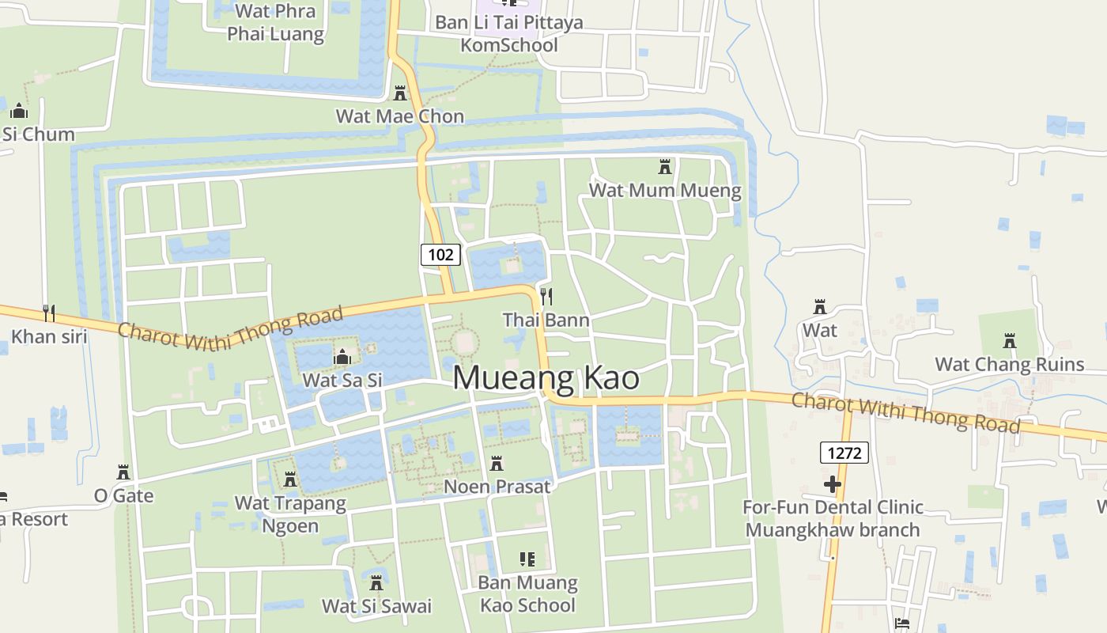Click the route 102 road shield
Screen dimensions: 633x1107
pos(440,254)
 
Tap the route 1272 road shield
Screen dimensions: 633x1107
pos(844,453)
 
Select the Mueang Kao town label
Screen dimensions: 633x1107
pos(546,377)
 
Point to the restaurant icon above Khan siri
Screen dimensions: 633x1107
pos(49,313)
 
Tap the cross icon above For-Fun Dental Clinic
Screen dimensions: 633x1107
pos(832,483)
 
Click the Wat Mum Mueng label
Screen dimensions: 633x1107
pos(665,190)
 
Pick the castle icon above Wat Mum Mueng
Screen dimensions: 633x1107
pos(665,167)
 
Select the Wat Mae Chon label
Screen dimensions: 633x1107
pos(399,116)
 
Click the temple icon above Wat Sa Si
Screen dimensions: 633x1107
pos(342,358)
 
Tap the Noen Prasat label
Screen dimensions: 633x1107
pos(497,487)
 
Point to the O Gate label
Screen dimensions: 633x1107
pos(123,496)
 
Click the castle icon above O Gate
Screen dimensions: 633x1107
pos(123,472)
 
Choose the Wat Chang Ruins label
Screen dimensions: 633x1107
pos(1009,365)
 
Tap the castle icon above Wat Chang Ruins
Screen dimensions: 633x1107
pos(1010,341)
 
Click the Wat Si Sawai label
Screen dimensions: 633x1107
pos(376,607)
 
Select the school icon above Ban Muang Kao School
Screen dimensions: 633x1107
pos(527,560)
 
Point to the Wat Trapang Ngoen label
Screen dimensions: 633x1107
pos(290,514)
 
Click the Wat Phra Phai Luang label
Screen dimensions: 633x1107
pos(275,22)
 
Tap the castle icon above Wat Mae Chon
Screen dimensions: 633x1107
pos(400,93)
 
